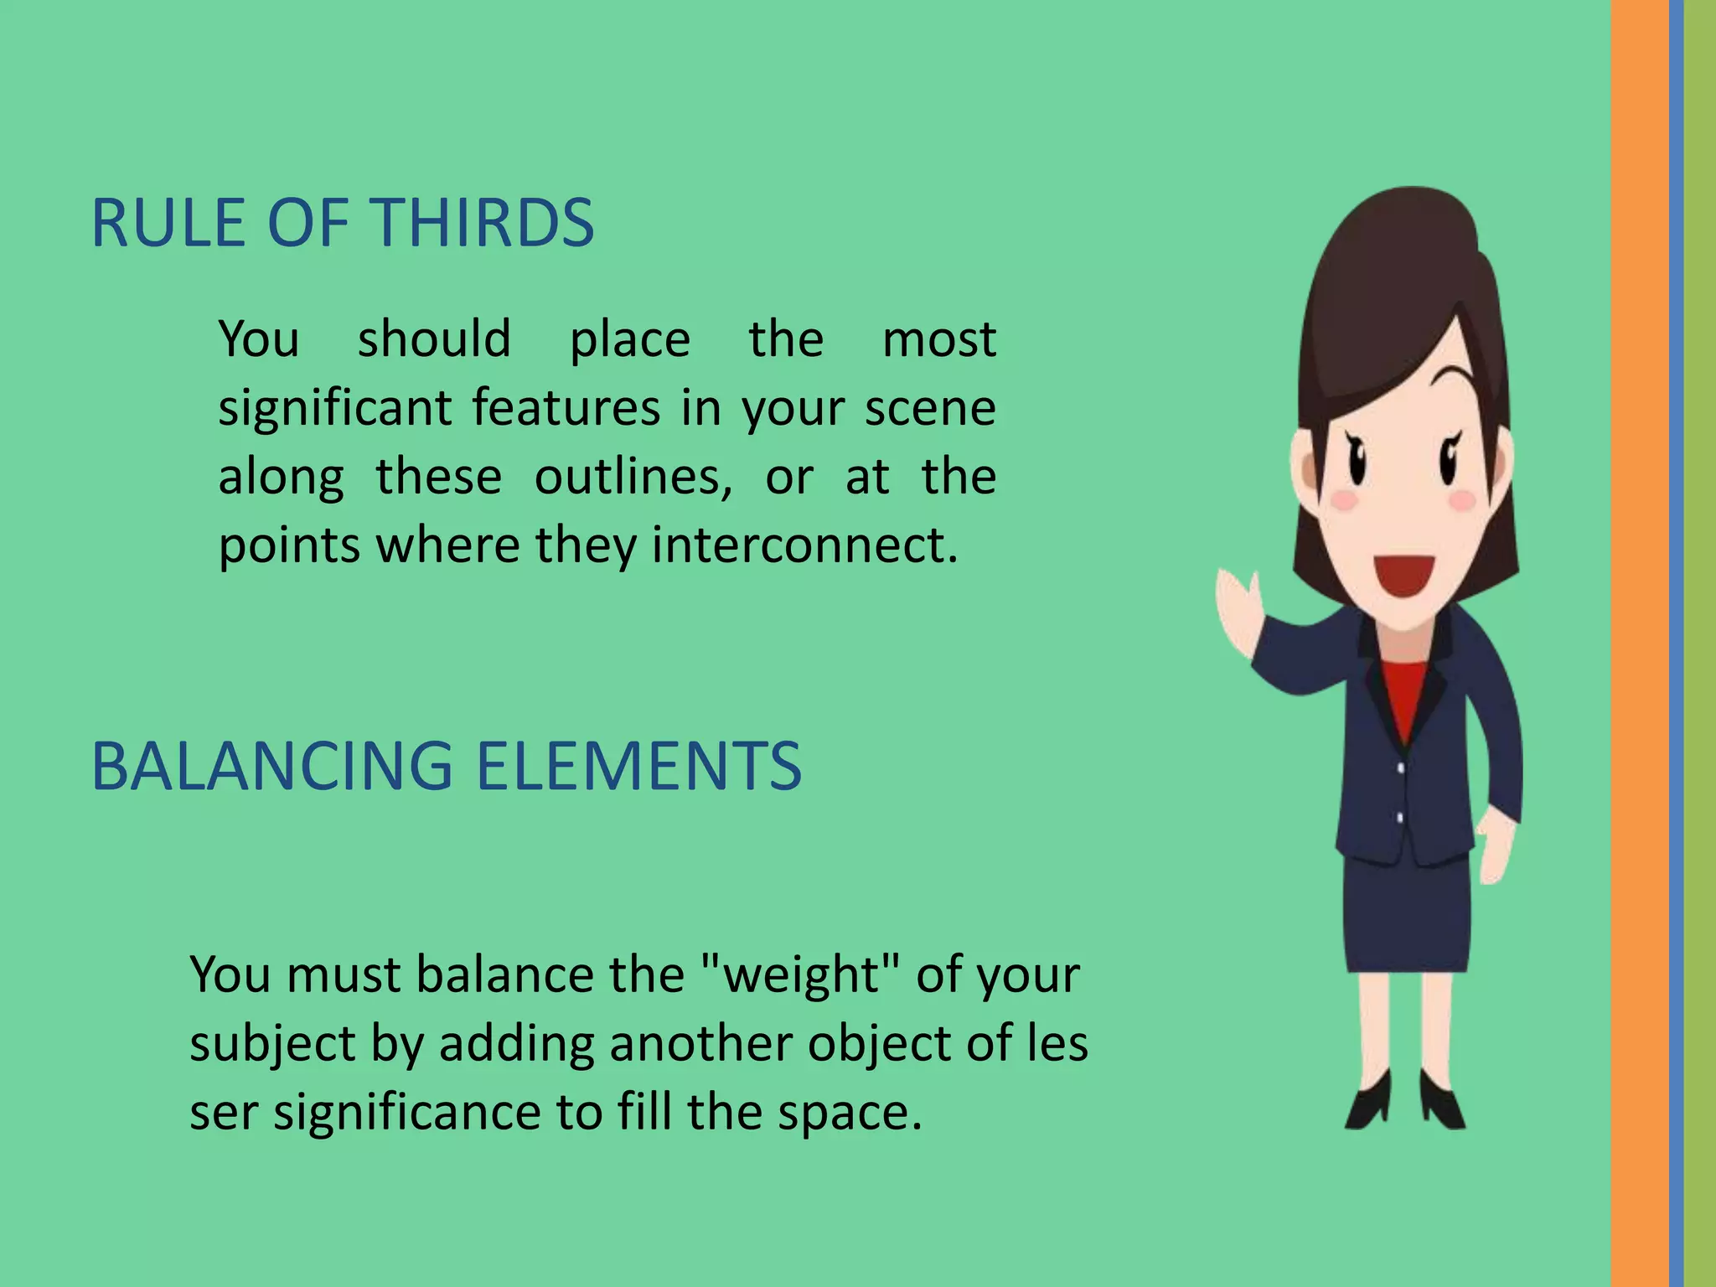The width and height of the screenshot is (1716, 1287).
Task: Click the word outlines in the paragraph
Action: coord(633,477)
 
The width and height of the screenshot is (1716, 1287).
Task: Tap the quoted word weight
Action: coord(799,975)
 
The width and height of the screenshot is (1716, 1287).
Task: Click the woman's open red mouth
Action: coord(1405,576)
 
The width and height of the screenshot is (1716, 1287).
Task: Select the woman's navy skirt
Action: coord(1408,917)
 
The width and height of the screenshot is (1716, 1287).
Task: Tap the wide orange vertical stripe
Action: coord(1639,643)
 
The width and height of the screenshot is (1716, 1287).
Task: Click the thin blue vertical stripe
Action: coord(1676,643)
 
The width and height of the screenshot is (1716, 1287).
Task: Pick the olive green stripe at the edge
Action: coord(1700,643)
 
